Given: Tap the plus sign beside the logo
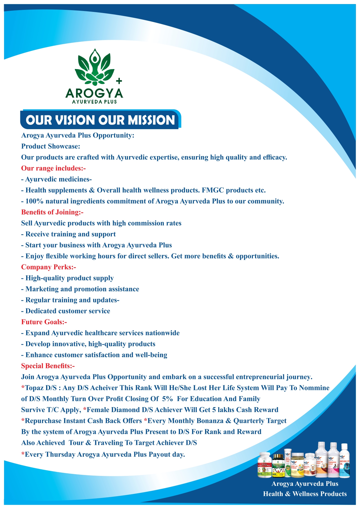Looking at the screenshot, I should click(119, 81).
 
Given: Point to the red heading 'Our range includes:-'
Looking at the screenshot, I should click(53, 168).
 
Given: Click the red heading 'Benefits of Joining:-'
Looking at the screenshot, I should click(52, 212).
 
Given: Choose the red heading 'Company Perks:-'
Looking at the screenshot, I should click(48, 267).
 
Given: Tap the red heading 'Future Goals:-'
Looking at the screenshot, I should click(44, 322).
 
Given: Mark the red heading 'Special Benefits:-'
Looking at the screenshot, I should click(48, 366).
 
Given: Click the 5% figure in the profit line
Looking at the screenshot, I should click(167, 399).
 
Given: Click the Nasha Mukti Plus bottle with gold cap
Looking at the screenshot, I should click(278, 466).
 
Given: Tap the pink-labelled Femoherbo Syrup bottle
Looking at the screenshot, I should click(333, 460).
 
